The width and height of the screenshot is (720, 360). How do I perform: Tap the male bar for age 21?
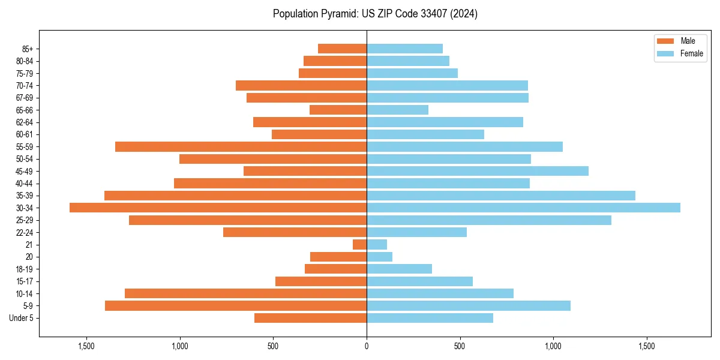coord(359,244)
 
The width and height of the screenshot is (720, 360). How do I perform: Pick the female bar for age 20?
coord(379,257)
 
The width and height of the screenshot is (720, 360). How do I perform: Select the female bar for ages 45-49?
coord(477,171)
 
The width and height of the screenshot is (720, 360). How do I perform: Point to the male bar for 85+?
coord(342,49)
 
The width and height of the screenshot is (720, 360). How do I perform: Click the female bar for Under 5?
coord(430,318)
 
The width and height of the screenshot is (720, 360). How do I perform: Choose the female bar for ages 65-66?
coord(397,110)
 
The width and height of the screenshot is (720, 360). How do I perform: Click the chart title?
coord(375,14)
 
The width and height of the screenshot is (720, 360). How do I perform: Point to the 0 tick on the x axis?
coord(367,346)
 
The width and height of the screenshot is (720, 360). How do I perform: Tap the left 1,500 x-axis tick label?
coord(86,346)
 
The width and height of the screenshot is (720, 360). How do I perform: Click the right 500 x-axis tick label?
coord(460,346)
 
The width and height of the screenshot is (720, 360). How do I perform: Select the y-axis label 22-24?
coord(25,232)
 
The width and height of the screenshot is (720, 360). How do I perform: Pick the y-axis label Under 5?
coord(22,318)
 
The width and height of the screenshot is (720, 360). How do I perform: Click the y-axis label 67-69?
coord(25,98)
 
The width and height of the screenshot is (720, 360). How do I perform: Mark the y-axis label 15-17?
coord(25,281)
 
